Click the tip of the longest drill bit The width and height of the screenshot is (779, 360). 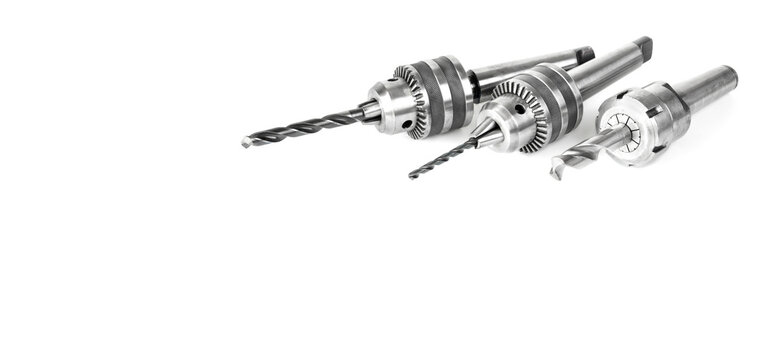[245, 142]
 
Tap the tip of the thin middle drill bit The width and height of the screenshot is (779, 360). [411, 176]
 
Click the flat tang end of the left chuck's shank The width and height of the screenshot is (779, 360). [585, 54]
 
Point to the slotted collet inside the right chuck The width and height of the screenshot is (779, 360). [626, 131]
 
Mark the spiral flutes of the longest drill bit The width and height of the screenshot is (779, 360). [300, 128]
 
